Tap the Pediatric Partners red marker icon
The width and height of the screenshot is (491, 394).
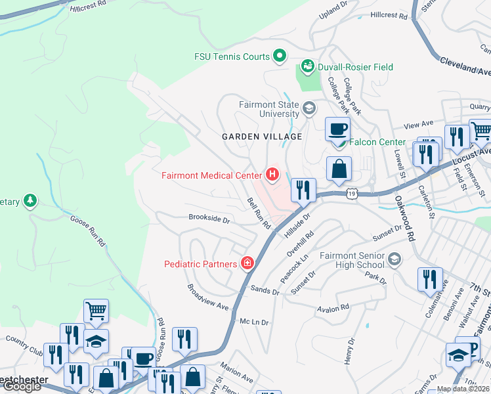(247, 264)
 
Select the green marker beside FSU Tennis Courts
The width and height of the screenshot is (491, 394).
(280, 56)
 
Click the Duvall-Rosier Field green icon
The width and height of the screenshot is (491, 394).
(307, 66)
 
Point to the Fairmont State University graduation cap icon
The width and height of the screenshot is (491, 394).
(309, 107)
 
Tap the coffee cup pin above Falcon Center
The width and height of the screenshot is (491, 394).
(337, 129)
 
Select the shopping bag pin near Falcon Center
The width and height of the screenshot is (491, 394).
(339, 169)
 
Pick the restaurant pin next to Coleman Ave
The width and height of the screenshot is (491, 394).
(430, 278)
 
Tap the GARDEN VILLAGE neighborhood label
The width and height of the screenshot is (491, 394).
(262, 137)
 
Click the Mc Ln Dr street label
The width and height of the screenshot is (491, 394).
(255, 322)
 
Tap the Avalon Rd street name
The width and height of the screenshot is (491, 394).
(332, 308)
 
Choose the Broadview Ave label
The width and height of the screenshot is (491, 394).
(207, 297)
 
